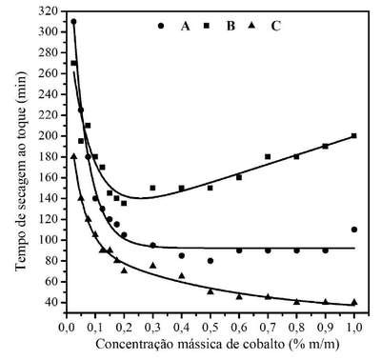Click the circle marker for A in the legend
tap(161, 26)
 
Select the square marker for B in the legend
tap(207, 26)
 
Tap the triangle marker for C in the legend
tap(251, 25)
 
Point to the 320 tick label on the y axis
tap(49, 11)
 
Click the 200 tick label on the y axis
tap(49, 136)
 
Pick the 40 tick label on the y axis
tap(51, 303)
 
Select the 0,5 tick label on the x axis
tap(211, 327)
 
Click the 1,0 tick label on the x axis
tap(354, 327)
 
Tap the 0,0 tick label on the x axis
tap(67, 327)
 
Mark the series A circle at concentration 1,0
tap(354, 230)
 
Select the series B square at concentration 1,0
tap(354, 136)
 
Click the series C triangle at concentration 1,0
tap(354, 302)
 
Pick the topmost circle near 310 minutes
tap(73, 22)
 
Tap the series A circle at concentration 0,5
tap(211, 261)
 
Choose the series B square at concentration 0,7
tap(268, 156)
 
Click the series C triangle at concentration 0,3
tap(152, 265)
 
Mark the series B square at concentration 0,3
tap(152, 188)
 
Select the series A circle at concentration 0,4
tap(182, 255)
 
